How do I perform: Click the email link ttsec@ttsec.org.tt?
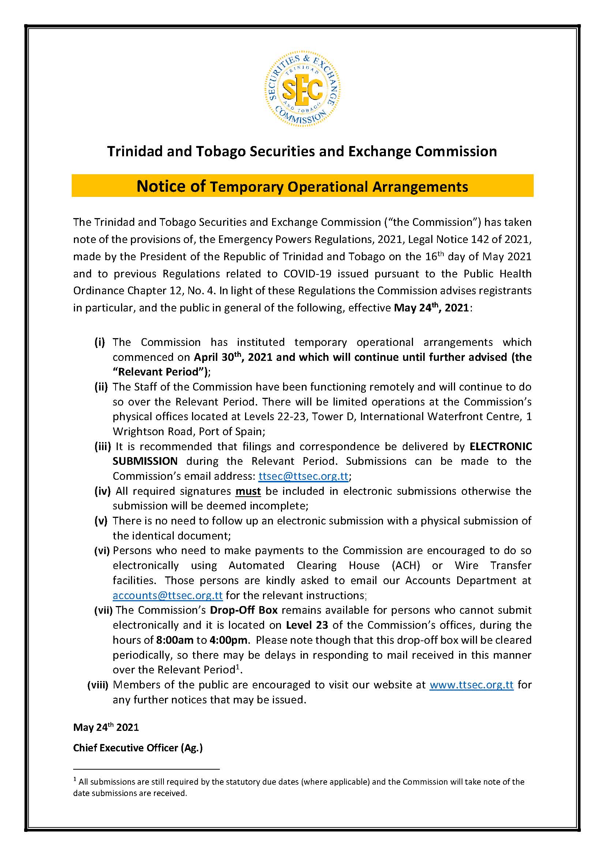(x=303, y=476)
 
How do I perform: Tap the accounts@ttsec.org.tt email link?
(x=168, y=595)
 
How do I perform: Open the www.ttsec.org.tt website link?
(x=471, y=684)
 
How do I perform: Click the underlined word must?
(x=248, y=491)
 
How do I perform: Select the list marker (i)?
(x=99, y=342)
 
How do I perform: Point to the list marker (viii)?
(x=98, y=684)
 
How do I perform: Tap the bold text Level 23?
(x=307, y=625)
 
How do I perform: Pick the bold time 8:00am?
(x=175, y=640)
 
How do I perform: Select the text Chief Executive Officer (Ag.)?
(x=138, y=748)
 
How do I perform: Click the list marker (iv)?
(x=102, y=491)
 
